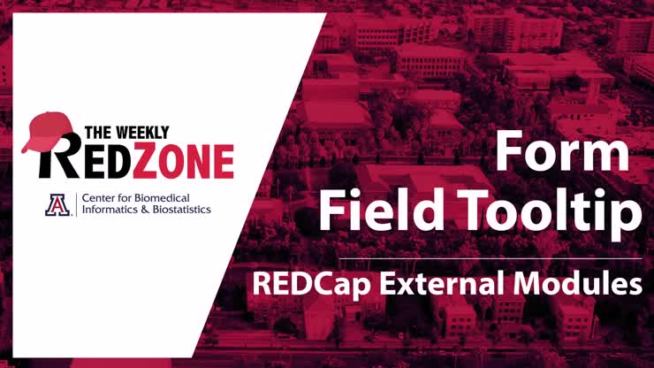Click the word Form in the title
(561, 152)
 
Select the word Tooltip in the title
(543, 213)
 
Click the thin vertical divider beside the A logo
(76, 204)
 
